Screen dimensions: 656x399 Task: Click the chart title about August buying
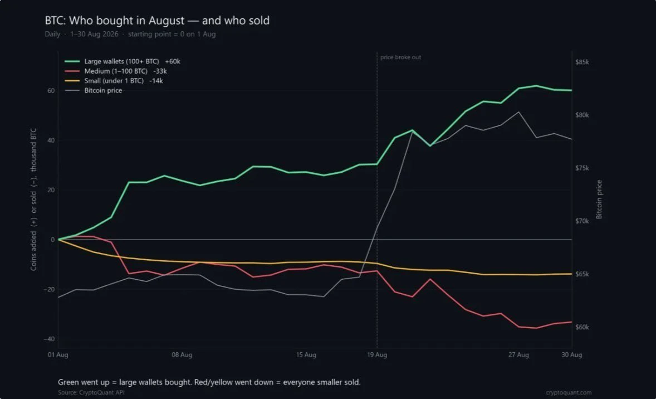click(157, 21)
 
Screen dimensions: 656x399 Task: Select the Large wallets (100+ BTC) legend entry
click(123, 61)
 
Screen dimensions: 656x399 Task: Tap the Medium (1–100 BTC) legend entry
click(116, 71)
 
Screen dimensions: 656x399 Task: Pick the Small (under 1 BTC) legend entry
click(114, 80)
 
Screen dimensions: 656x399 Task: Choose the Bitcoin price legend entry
click(94, 90)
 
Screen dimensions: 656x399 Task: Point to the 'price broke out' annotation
click(400, 57)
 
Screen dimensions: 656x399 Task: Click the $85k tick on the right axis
click(582, 62)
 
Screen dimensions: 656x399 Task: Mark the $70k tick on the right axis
click(582, 221)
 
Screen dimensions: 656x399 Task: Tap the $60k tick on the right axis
click(582, 327)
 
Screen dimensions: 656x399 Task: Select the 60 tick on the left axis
click(51, 91)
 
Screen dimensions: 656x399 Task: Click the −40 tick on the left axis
click(50, 339)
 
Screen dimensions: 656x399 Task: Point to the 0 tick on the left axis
click(53, 240)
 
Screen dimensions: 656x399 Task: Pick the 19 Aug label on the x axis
click(377, 354)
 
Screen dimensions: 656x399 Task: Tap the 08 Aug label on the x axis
click(182, 354)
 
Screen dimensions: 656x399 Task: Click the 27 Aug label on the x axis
click(519, 354)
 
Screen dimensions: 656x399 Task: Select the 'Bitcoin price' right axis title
click(599, 199)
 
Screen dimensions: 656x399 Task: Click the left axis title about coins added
click(33, 199)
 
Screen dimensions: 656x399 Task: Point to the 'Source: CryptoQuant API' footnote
click(91, 392)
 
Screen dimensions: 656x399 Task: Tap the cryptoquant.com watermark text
click(569, 392)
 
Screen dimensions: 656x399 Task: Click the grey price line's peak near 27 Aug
click(519, 112)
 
